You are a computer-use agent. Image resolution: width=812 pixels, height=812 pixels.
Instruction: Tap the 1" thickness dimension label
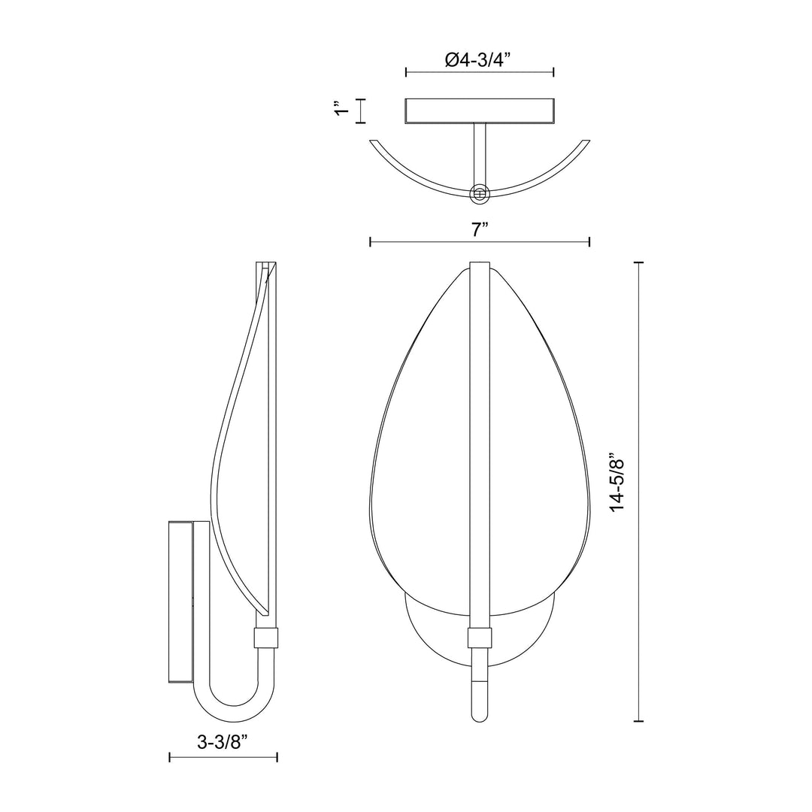point(343,111)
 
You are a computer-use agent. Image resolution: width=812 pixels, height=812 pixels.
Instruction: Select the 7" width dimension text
point(480,230)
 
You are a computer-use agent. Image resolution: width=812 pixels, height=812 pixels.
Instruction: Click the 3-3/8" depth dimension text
point(223,742)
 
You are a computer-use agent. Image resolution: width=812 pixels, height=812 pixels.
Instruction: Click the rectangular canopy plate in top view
point(480,111)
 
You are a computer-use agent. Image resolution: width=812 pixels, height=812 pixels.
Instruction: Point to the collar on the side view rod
point(267,638)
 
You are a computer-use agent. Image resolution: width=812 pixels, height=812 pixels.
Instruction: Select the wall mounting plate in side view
point(180,601)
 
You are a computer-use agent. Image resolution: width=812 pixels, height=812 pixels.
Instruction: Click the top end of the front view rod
point(480,265)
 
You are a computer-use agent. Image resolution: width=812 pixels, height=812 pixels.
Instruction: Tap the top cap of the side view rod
point(266,265)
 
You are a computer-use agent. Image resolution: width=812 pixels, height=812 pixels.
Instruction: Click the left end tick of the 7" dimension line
point(371,241)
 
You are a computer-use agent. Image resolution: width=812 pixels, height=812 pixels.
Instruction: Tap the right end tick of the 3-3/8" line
point(277,757)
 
